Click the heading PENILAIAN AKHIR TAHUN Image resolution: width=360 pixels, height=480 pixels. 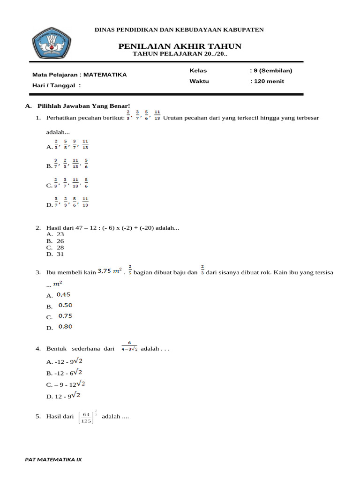tap(180, 46)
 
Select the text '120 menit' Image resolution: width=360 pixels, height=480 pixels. tap(269, 81)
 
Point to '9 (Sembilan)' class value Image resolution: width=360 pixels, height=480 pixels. tap(272, 71)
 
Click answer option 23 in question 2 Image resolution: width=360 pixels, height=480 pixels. tap(60, 234)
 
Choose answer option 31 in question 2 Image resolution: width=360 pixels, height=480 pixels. tap(60, 254)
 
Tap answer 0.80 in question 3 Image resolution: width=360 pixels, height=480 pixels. tap(65, 327)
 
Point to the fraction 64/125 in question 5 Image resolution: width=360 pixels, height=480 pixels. tap(86, 417)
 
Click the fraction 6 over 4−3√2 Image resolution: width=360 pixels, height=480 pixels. tap(129, 348)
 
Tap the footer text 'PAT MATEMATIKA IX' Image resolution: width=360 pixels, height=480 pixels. tap(53, 459)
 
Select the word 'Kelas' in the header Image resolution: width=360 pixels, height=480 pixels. tap(198, 71)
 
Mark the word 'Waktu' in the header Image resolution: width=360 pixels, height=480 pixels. tap(199, 81)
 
